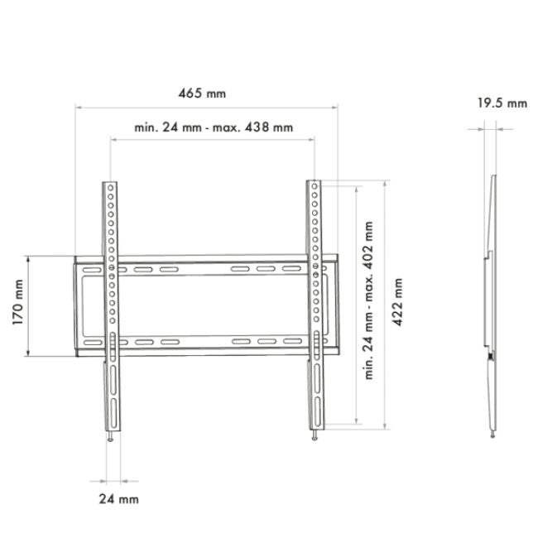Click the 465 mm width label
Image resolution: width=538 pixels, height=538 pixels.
206,94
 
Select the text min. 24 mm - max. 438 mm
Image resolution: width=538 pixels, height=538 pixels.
213,127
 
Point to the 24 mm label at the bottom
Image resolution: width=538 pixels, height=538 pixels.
118,498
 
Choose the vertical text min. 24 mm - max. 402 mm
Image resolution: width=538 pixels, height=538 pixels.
368,300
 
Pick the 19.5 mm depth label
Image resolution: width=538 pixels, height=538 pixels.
502,103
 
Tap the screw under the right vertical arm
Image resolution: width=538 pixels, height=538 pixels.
315,436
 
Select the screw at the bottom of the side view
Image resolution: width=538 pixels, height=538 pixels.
494,432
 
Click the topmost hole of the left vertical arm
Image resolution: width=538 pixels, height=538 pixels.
110,188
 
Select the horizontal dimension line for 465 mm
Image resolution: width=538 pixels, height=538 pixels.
206,107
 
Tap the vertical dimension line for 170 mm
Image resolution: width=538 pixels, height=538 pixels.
30,306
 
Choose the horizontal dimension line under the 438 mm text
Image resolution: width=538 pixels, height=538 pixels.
213,140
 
